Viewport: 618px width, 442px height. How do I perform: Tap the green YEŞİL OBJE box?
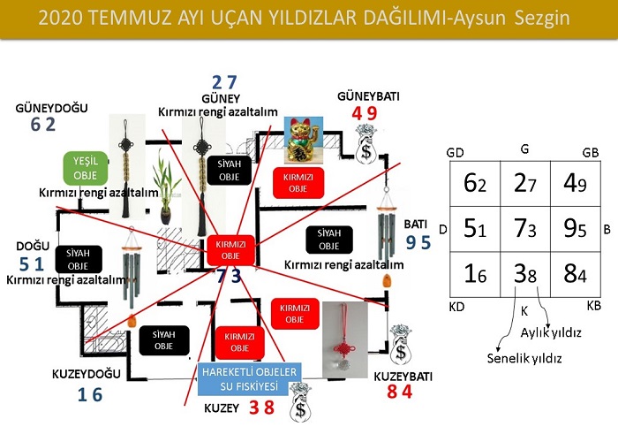(86, 167)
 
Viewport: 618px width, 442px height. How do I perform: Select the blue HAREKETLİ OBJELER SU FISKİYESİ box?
(252, 378)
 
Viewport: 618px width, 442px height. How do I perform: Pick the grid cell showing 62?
(473, 184)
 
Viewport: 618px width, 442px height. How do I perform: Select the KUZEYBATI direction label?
(403, 376)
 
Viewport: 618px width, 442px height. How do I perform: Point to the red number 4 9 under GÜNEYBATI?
(365, 113)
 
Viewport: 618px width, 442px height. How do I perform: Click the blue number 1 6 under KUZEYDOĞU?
(90, 395)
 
